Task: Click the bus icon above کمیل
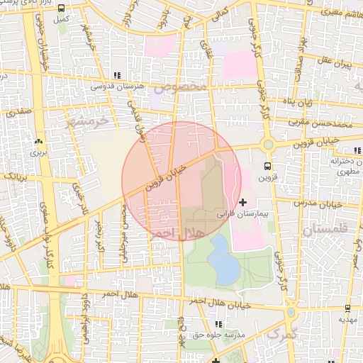(x=62, y=8)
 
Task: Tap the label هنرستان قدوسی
(x=118, y=86)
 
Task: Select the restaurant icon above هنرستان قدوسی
(x=117, y=75)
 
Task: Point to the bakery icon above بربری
(x=38, y=140)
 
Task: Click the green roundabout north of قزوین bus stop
(x=268, y=145)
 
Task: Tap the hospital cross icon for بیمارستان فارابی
(x=244, y=203)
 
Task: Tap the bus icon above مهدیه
(x=347, y=308)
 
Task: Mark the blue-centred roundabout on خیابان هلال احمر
(x=290, y=312)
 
